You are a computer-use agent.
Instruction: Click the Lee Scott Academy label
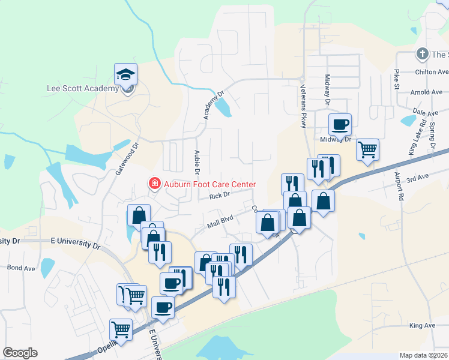click(x=83, y=89)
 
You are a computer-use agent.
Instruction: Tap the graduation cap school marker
click(x=126, y=74)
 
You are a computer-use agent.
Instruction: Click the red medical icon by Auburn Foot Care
click(x=154, y=183)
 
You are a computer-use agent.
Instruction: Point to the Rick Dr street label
click(x=220, y=196)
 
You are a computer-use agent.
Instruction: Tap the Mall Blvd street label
click(x=219, y=223)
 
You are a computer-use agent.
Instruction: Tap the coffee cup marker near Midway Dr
click(x=340, y=125)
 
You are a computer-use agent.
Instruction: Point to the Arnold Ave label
click(x=426, y=92)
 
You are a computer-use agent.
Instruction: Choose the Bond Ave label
click(x=22, y=268)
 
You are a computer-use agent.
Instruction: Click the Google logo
click(x=20, y=353)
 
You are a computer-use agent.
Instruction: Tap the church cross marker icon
click(x=422, y=54)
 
